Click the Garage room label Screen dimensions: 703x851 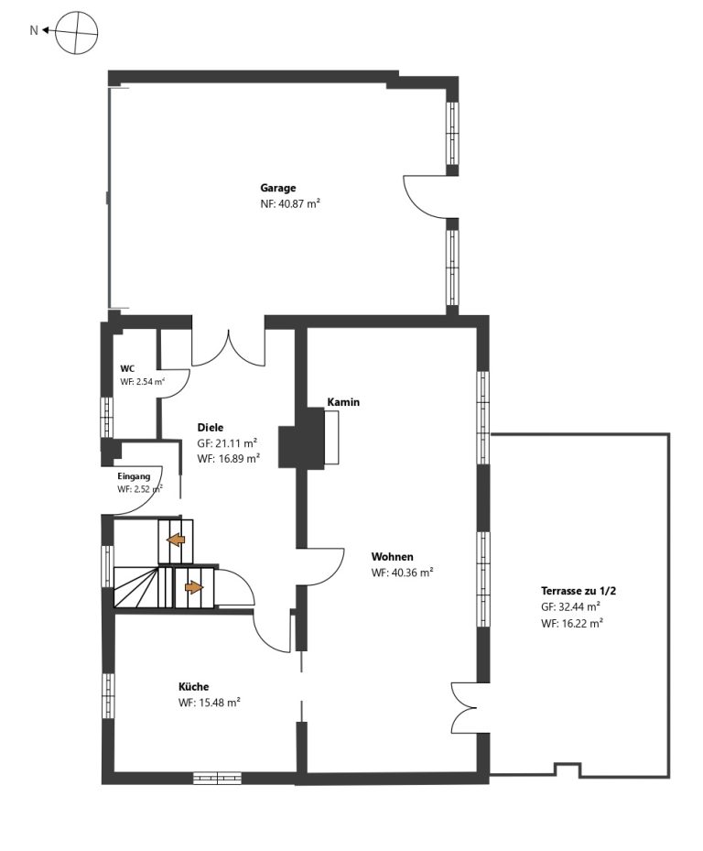tap(277, 189)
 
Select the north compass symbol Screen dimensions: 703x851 tap(77, 33)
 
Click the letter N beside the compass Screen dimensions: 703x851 tap(34, 31)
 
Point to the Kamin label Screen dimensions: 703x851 tap(343, 402)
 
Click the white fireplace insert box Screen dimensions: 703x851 tap(331, 438)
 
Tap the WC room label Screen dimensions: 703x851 tap(127, 368)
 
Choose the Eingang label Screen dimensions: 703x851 tap(134, 476)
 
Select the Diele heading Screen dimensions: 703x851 tap(210, 428)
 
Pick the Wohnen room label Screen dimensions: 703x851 tap(392, 557)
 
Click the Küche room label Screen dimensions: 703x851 tap(194, 687)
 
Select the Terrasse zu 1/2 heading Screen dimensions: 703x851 tap(578, 591)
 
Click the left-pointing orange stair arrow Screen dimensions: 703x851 tap(175, 540)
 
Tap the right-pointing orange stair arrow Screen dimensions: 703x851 tap(194, 587)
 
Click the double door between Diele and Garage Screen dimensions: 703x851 tap(228, 348)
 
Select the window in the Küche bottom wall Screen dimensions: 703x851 tap(217, 779)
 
